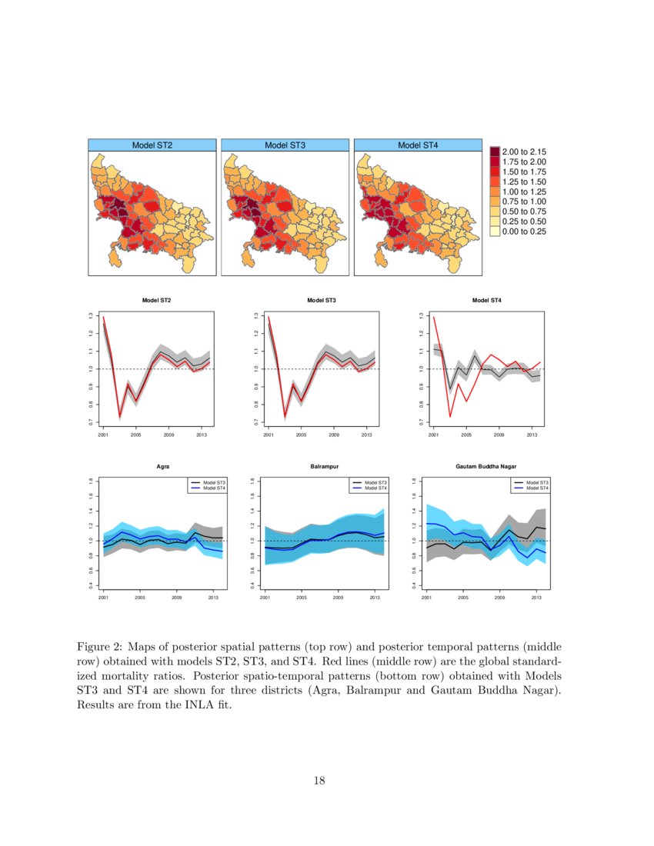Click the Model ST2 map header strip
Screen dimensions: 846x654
pyautogui.click(x=152, y=145)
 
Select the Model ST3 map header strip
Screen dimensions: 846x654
pyautogui.click(x=285, y=145)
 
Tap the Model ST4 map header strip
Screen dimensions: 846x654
pyautogui.click(x=418, y=145)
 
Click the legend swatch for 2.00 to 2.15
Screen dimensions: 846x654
pyautogui.click(x=495, y=152)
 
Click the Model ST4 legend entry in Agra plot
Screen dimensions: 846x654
pyautogui.click(x=214, y=488)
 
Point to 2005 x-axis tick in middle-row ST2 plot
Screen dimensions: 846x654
pyautogui.click(x=135, y=435)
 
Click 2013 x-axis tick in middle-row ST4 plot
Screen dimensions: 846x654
pyautogui.click(x=532, y=435)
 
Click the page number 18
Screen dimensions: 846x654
pyautogui.click(x=319, y=781)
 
